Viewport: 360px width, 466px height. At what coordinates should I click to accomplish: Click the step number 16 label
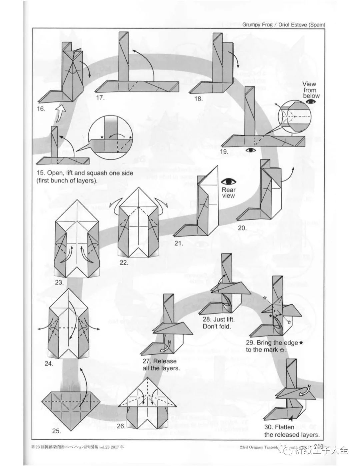pyautogui.click(x=41, y=109)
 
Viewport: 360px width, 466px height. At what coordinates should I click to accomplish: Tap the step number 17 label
pyautogui.click(x=100, y=98)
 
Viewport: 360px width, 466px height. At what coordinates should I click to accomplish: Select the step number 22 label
pyautogui.click(x=124, y=263)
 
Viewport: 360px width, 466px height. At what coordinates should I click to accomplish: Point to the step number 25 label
pyautogui.click(x=57, y=431)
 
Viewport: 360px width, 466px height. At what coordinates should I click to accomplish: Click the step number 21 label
pyautogui.click(x=179, y=243)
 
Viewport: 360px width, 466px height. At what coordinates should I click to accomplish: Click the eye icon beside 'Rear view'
pyautogui.click(x=229, y=182)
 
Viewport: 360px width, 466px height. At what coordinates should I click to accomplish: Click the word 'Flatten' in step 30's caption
pyautogui.click(x=275, y=427)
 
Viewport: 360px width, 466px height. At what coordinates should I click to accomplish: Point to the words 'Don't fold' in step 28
pyautogui.click(x=217, y=326)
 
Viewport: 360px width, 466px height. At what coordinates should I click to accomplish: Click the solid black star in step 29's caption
pyautogui.click(x=301, y=342)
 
